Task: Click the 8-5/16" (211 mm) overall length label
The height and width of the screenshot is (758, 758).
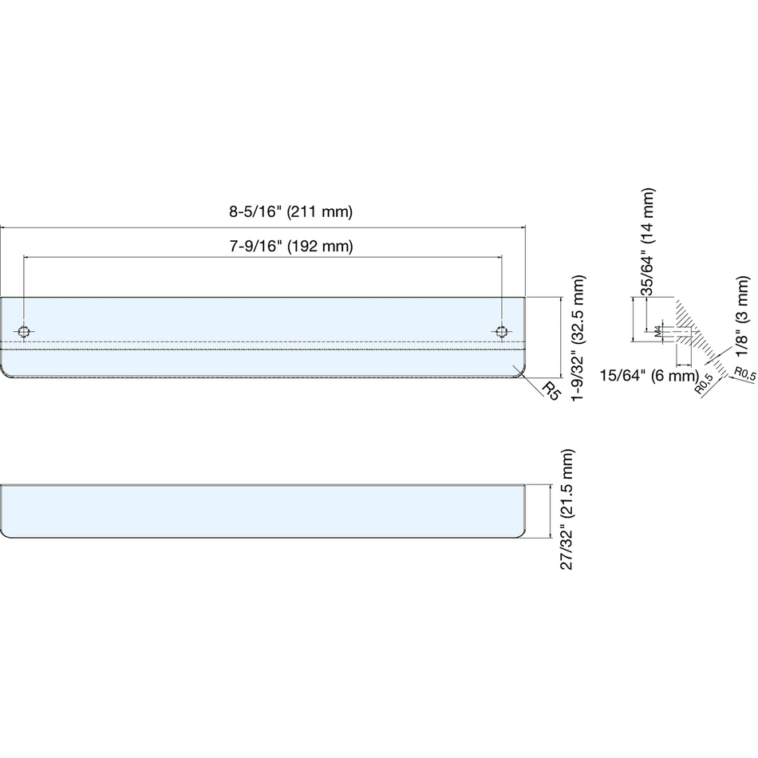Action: point(291,211)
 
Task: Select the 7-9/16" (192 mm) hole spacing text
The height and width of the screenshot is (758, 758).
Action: point(291,247)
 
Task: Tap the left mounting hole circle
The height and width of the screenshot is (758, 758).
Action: point(24,332)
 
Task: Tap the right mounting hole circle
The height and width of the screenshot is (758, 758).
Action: point(502,332)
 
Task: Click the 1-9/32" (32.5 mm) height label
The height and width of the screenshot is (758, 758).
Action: point(578,338)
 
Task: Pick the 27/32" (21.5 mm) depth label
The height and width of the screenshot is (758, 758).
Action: point(567,510)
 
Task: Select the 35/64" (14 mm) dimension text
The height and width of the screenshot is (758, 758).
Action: point(647,242)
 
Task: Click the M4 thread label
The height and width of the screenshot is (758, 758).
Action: point(657,332)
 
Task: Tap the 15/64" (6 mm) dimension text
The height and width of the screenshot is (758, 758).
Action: point(649,375)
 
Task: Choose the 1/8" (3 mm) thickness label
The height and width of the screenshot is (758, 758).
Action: point(742,315)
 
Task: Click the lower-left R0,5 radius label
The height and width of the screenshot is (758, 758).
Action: point(704,385)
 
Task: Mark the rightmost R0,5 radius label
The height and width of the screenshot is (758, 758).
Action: point(745,373)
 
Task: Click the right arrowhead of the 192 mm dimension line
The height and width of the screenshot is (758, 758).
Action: point(499,257)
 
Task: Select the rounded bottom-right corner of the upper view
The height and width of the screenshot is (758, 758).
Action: point(521,373)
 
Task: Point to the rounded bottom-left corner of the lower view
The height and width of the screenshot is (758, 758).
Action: point(4,534)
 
